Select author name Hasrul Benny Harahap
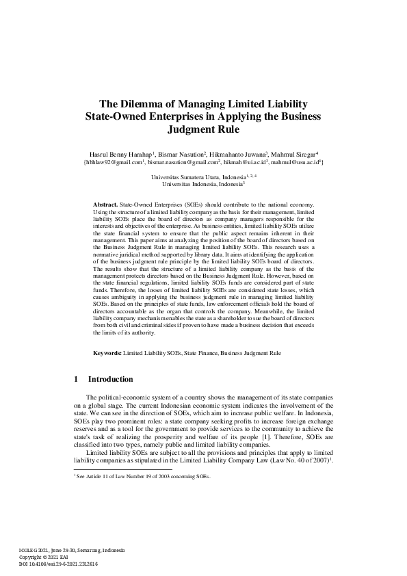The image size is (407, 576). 121,155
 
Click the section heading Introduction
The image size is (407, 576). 110,379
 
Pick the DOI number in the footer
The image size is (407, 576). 65,563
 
